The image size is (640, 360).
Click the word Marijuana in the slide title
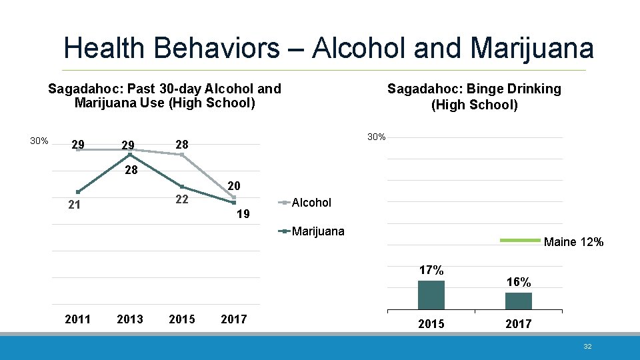(x=531, y=48)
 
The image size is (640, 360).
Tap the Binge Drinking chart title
(x=474, y=97)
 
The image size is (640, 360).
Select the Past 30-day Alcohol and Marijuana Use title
(x=165, y=95)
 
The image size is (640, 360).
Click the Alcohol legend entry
(x=311, y=203)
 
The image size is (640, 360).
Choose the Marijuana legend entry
(x=317, y=231)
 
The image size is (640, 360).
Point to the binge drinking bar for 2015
(x=431, y=295)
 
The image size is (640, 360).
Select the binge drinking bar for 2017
(x=518, y=301)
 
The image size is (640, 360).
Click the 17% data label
(x=431, y=270)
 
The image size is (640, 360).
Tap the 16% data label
(x=519, y=282)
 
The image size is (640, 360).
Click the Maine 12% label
(x=573, y=242)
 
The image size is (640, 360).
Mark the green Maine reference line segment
(x=519, y=240)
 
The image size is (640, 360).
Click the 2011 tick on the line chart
(x=77, y=319)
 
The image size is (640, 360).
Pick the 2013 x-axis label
(x=129, y=319)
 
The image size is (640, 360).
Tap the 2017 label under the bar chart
(x=518, y=323)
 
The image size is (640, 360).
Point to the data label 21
(x=75, y=205)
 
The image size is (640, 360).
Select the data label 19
(x=243, y=214)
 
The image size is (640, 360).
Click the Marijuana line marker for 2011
(x=78, y=192)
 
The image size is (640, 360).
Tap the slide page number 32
(x=587, y=347)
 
